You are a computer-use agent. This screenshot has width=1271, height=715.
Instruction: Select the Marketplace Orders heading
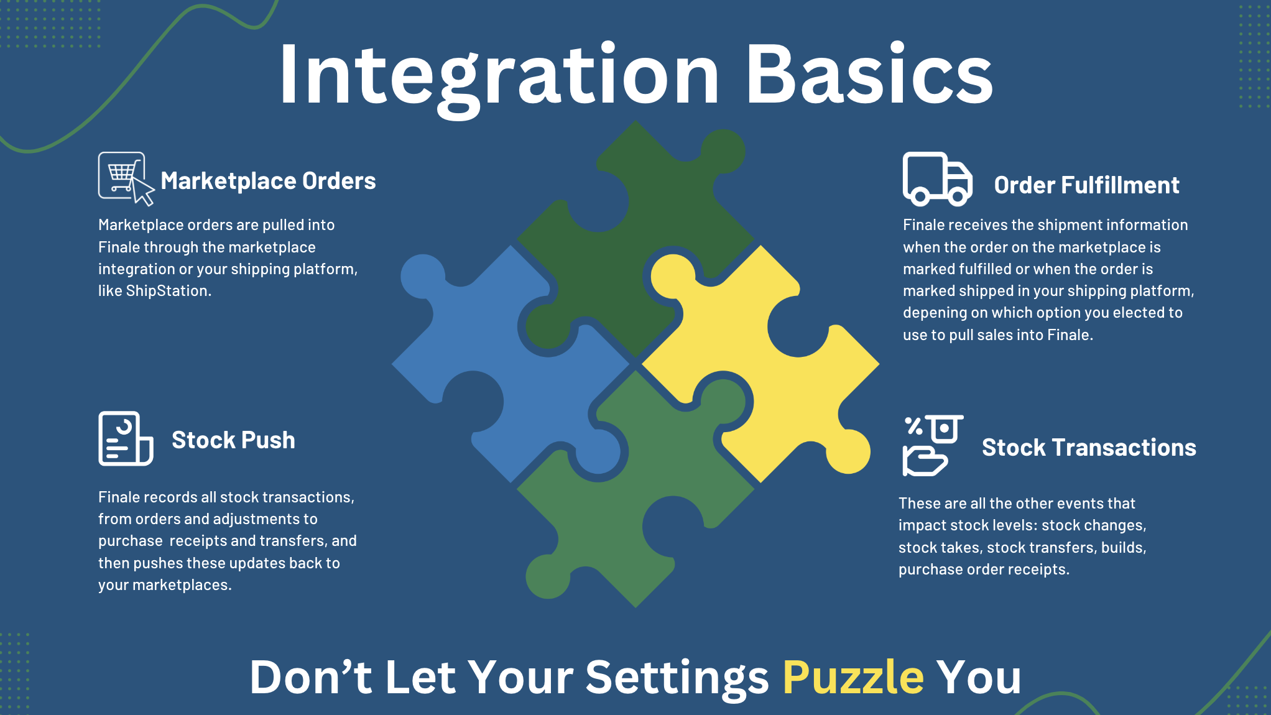(268, 181)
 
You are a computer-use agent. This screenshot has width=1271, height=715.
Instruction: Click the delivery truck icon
(937, 179)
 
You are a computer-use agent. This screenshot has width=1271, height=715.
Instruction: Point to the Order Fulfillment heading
(1086, 185)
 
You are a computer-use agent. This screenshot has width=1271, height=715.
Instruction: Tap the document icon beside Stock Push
(126, 438)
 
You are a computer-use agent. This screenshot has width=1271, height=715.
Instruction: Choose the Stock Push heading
(233, 440)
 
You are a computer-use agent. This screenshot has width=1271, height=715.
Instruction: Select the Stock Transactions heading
(1089, 448)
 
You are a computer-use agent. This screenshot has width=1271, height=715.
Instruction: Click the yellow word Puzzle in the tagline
(853, 677)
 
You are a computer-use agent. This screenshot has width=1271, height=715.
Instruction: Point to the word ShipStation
(168, 291)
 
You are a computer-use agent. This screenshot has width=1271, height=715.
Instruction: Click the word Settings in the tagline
(677, 678)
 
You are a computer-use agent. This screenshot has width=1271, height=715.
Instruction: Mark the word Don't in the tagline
(311, 676)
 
